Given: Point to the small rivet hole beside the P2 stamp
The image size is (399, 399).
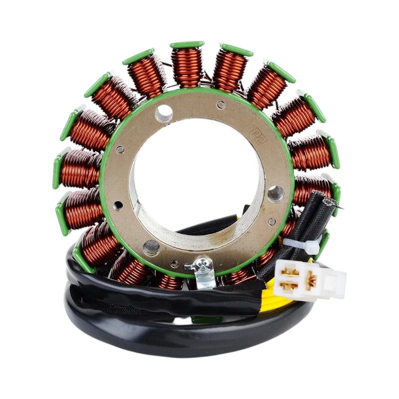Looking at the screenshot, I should coord(221,105).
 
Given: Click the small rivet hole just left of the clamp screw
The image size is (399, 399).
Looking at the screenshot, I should coord(175,263).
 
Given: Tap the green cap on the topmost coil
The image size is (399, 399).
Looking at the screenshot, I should coord(187,45).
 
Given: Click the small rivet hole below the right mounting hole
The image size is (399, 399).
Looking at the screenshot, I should coord(272,221).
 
